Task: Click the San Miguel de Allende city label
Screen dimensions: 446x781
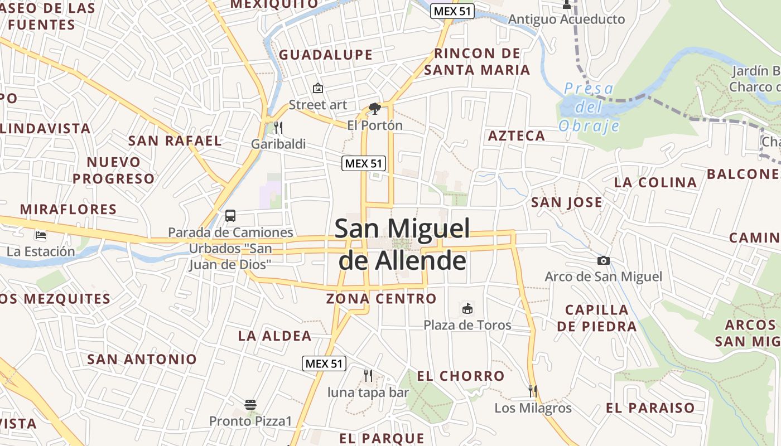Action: [x=402, y=244]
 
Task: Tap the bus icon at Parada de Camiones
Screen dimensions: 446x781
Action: [x=230, y=216]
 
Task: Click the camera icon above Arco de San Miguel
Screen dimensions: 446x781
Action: [x=603, y=260]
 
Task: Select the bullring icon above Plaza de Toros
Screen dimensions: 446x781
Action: [x=467, y=308]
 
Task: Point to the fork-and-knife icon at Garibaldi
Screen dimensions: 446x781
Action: [x=278, y=128]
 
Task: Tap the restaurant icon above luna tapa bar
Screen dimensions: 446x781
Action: [x=368, y=375]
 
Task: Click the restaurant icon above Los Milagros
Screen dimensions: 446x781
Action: [x=533, y=391]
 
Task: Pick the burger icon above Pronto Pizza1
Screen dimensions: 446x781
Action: [x=250, y=404]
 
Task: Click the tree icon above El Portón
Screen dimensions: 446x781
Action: [x=375, y=108]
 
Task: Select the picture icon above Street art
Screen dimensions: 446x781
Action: [x=318, y=88]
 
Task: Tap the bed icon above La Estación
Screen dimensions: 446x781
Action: [x=40, y=235]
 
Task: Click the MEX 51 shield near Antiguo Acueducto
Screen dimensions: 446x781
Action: [x=452, y=11]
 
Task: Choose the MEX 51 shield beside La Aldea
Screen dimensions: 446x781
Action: [x=324, y=363]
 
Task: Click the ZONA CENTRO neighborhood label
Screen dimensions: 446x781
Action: [x=382, y=299]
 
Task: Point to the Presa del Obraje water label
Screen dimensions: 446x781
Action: [x=589, y=107]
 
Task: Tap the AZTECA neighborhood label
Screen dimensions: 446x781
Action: [x=517, y=136]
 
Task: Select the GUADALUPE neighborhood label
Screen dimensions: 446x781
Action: [x=326, y=55]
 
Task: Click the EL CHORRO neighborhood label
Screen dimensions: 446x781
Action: [x=461, y=376]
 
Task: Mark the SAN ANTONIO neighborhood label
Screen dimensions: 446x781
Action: [x=142, y=360]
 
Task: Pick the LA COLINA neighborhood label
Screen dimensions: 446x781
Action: [x=655, y=182]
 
